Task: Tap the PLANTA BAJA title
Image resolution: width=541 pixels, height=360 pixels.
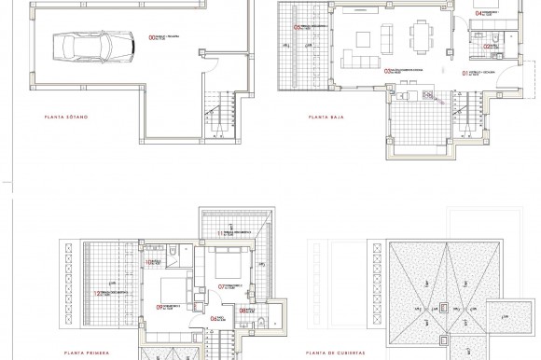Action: tap(320, 118)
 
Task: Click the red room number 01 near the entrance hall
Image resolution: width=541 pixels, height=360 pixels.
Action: tap(465, 71)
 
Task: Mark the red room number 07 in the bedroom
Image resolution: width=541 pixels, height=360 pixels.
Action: tap(222, 286)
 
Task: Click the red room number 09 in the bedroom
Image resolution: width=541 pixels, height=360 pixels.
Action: tap(160, 307)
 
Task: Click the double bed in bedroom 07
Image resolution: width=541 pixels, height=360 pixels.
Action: tap(224, 261)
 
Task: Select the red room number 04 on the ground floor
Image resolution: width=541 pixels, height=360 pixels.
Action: tap(480, 13)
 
